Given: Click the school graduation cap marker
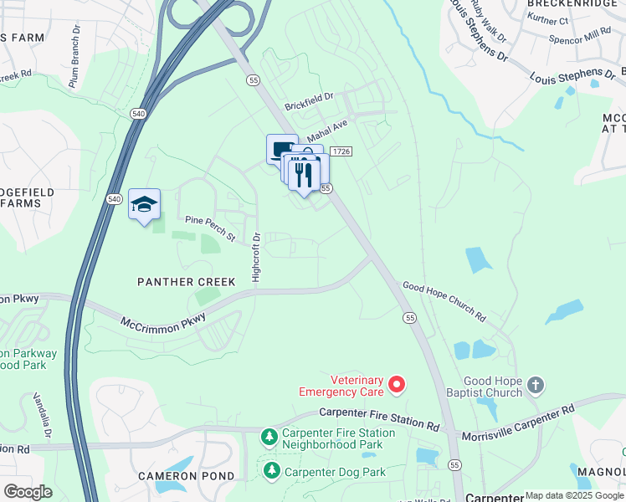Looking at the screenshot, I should point(144,204).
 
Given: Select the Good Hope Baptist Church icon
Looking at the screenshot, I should point(536,385).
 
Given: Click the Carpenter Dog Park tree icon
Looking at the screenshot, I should point(271,472).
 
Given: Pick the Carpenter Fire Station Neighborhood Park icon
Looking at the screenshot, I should point(269,437).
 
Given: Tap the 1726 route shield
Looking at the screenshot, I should point(340,151).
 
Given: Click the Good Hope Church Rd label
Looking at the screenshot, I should point(444,302).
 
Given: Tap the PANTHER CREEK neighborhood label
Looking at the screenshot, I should point(187,283).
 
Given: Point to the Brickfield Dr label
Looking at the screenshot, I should point(308,101).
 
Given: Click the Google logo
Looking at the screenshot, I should point(27,491).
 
